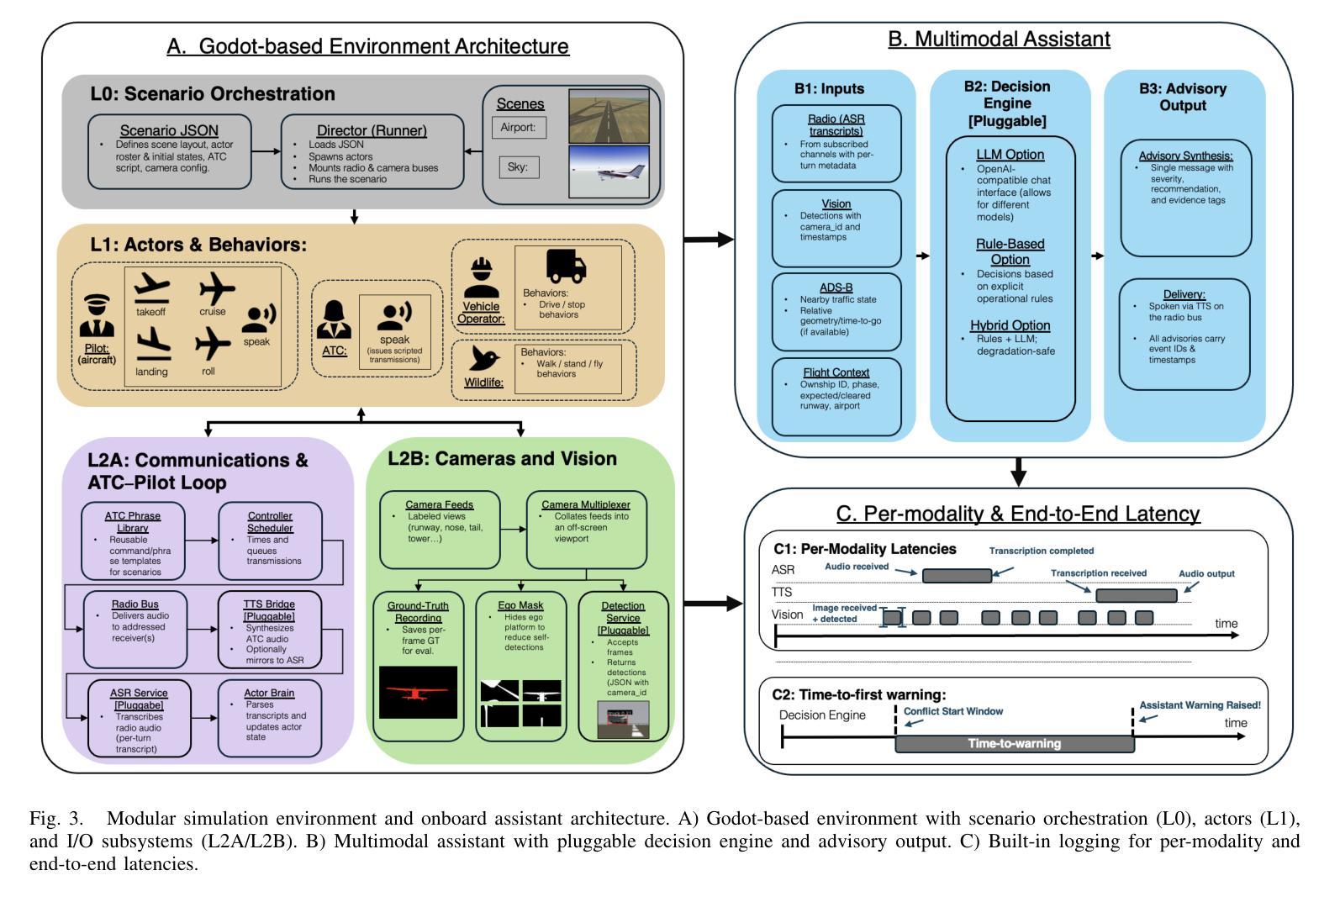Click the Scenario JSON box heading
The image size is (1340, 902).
169,130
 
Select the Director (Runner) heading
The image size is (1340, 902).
372,130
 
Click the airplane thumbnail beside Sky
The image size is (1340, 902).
609,172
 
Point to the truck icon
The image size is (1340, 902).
566,266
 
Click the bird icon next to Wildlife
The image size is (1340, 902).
484,358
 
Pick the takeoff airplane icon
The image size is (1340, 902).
151,288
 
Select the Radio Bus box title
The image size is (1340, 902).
135,604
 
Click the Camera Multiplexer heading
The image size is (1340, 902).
586,505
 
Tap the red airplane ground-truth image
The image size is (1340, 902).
418,692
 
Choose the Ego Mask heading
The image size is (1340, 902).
520,605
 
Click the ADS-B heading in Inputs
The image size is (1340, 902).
836,287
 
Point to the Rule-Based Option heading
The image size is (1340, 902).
1010,251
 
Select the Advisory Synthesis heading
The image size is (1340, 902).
1185,156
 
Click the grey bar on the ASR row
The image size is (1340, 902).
957,576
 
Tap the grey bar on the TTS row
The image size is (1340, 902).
1136,596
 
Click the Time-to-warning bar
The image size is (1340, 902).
1014,743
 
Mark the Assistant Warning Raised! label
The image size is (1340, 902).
1200,705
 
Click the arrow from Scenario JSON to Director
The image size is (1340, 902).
266,151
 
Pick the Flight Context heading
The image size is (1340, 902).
836,372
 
